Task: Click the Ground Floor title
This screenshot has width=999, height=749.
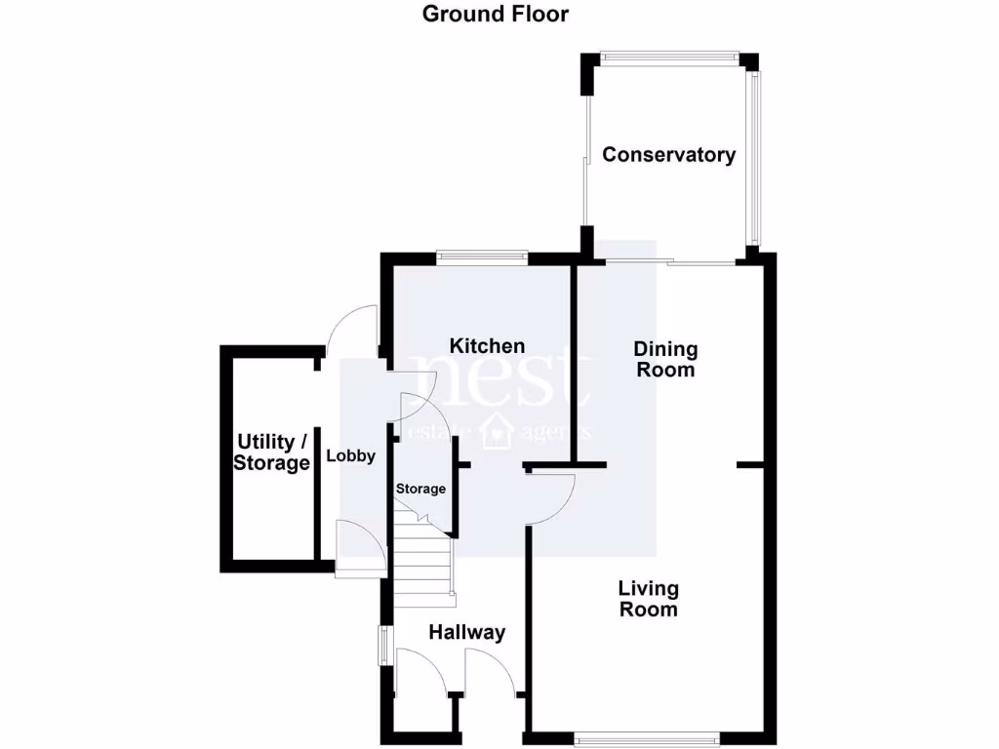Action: (x=495, y=14)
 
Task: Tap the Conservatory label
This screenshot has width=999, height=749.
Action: (x=668, y=154)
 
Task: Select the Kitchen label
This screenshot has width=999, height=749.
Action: (x=487, y=346)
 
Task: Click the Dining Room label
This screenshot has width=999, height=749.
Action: (x=665, y=359)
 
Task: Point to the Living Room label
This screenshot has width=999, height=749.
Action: (x=648, y=599)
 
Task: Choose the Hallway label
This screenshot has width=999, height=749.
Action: (x=467, y=632)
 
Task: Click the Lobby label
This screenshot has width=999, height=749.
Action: (x=350, y=455)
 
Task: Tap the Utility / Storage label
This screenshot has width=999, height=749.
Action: (x=271, y=453)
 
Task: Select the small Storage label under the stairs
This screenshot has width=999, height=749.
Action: (x=420, y=489)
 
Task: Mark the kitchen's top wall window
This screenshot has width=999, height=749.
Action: (x=482, y=257)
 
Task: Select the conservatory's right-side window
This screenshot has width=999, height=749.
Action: (x=752, y=156)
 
